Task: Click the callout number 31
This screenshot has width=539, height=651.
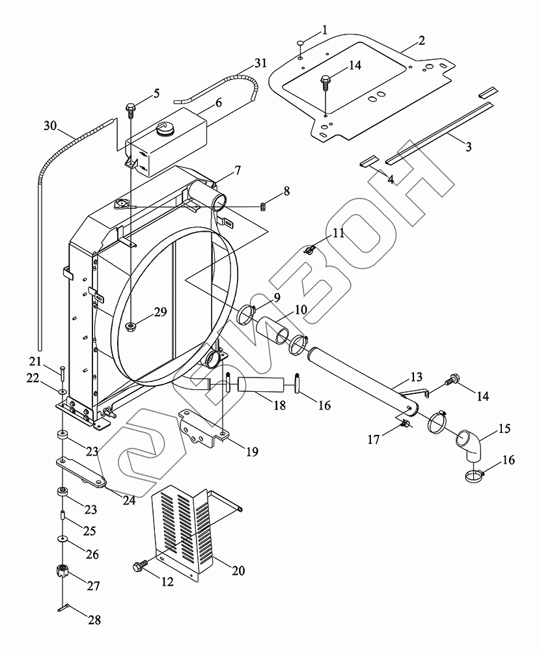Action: click(x=260, y=63)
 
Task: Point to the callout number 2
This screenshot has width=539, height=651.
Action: click(x=422, y=40)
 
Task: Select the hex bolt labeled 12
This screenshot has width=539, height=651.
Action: click(x=139, y=566)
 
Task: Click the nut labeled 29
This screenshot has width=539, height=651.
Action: click(x=131, y=326)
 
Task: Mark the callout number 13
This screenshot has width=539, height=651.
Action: click(x=416, y=377)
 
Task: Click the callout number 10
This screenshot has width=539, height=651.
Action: click(x=299, y=310)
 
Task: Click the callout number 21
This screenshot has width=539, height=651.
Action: click(x=35, y=362)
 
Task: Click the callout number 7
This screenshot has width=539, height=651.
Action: click(x=238, y=171)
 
